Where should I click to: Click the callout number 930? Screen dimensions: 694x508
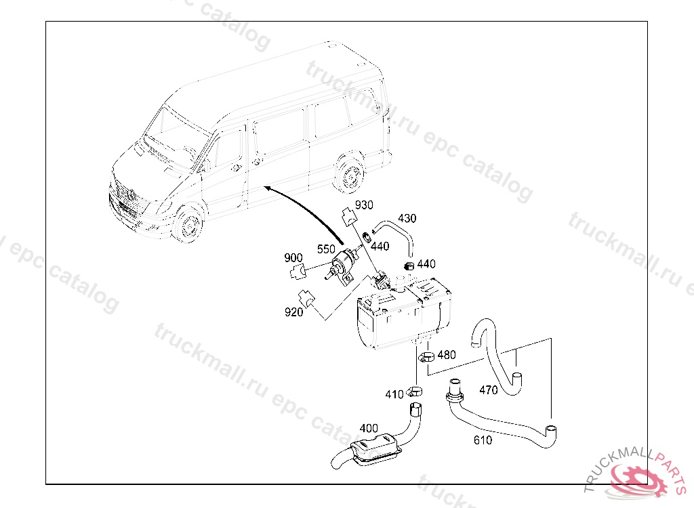[364, 205]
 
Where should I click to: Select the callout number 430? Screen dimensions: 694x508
[407, 218]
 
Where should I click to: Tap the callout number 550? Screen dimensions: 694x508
[326, 249]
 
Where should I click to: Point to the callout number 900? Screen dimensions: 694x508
[293, 257]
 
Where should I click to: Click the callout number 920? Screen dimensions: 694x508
[294, 312]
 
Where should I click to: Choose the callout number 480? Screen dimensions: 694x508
[446, 355]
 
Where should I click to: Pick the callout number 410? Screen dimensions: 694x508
[394, 394]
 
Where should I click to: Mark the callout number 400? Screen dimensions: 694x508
[369, 428]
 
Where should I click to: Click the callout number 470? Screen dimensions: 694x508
[489, 390]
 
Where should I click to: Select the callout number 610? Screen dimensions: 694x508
[483, 440]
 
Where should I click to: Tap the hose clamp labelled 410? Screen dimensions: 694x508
[415, 391]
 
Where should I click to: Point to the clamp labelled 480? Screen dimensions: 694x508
[426, 356]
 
